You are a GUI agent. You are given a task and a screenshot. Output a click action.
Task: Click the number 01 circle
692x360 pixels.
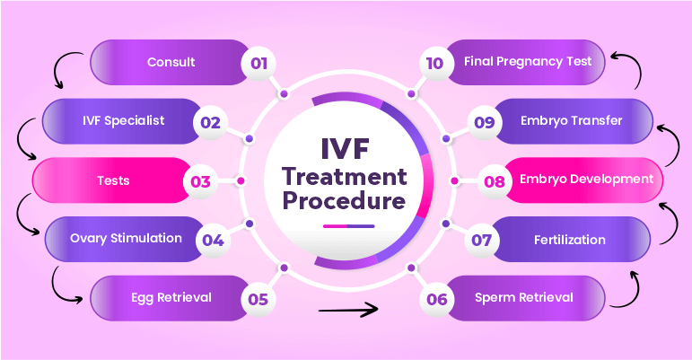tap(259, 63)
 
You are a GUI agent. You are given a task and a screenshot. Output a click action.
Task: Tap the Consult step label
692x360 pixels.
tap(171, 63)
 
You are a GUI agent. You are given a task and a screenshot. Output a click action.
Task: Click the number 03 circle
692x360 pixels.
tap(200, 181)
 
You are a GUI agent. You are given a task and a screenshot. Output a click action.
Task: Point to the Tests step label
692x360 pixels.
tap(113, 180)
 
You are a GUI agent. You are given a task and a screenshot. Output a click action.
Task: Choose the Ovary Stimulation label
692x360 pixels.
tap(127, 238)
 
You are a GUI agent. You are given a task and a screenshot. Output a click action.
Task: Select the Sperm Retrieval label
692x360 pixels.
tap(523, 297)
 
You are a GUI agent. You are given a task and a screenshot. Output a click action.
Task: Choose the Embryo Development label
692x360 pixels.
tap(586, 179)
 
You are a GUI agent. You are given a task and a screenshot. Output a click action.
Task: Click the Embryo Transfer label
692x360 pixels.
tap(571, 121)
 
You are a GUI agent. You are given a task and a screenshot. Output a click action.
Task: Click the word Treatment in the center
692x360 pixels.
tap(346, 175)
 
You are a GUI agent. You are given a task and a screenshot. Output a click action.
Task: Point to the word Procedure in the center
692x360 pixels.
tap(346, 201)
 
